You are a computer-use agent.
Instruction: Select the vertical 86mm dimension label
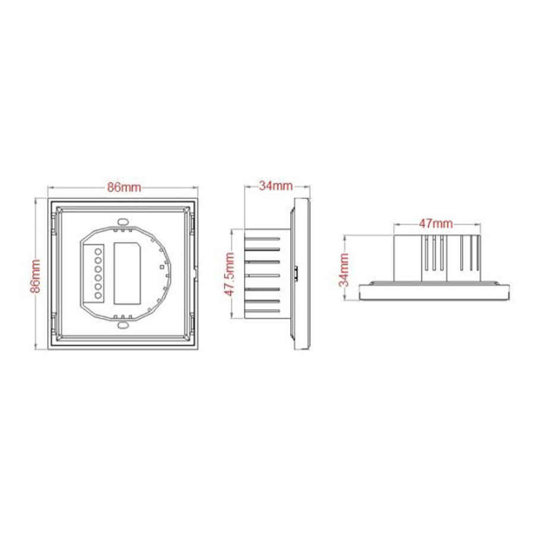tap(36, 275)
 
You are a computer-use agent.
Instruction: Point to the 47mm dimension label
tap(436, 224)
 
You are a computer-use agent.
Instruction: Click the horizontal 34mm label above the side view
tap(275, 185)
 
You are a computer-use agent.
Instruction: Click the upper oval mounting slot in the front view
tap(124, 222)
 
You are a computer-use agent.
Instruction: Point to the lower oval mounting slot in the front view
tap(124, 325)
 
